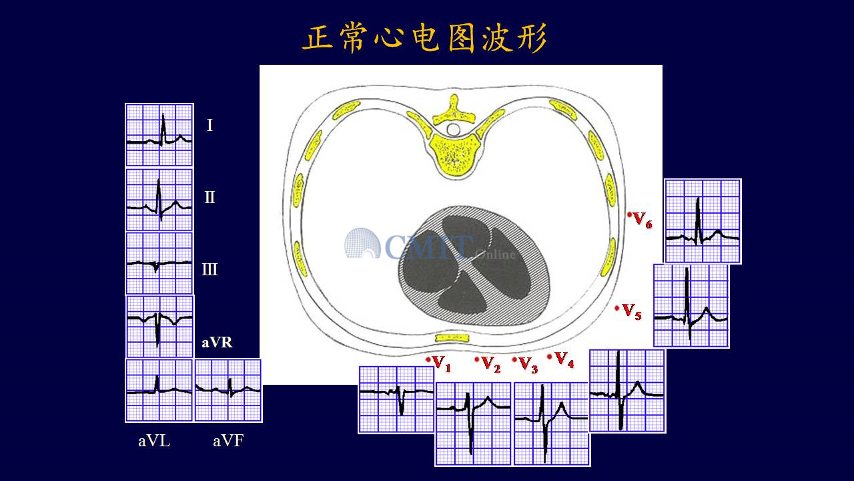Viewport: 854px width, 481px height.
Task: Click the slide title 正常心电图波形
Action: click(424, 38)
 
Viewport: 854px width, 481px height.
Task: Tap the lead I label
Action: click(209, 125)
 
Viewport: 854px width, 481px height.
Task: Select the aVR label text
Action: click(217, 343)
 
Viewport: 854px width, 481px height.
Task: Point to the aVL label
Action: click(154, 441)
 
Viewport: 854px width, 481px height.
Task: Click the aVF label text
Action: click(228, 441)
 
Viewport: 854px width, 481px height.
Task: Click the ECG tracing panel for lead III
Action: click(159, 263)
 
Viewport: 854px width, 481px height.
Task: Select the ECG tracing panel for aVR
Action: click(159, 327)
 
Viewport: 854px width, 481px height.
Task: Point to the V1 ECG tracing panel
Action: click(396, 399)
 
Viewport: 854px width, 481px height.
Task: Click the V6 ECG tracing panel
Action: click(703, 221)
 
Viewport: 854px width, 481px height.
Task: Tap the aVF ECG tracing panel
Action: click(228, 390)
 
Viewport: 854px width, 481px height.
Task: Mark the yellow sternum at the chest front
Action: click(452, 338)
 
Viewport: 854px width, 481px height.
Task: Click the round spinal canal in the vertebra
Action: click(453, 130)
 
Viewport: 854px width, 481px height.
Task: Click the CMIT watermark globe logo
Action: click(362, 244)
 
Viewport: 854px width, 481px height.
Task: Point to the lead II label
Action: click(209, 197)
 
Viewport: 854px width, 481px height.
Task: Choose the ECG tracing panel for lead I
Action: click(159, 135)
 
